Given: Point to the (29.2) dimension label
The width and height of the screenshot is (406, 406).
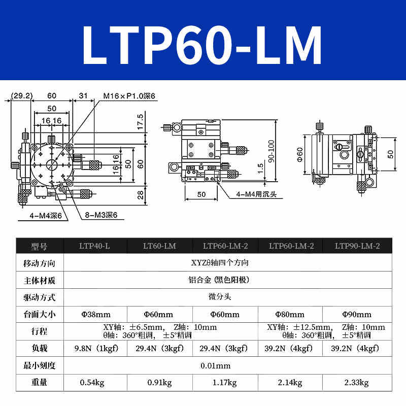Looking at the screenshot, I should click(x=22, y=95).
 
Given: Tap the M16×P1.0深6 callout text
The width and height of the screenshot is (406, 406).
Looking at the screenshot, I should click(x=129, y=95).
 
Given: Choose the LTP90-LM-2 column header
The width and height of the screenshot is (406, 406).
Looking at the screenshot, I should click(x=357, y=246).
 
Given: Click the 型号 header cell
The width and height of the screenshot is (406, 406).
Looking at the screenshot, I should click(x=39, y=247).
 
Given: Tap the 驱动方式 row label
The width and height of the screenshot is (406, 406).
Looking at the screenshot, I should click(x=39, y=296).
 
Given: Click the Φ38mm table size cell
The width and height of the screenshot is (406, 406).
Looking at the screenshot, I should click(x=95, y=314).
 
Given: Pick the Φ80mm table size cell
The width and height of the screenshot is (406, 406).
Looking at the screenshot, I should click(x=290, y=314).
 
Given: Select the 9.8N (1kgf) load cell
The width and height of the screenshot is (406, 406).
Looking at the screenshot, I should click(x=95, y=349).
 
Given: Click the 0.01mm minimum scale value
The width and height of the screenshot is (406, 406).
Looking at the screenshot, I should click(x=215, y=365).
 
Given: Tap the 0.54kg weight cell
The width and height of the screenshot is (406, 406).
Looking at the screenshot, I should click(x=92, y=383).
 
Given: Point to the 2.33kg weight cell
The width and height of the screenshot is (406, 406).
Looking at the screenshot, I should click(x=357, y=383).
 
